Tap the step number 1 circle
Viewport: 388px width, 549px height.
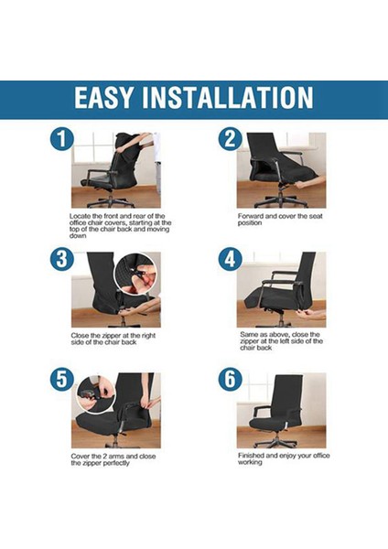[x=61, y=140]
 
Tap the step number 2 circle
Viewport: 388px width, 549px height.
[x=228, y=140]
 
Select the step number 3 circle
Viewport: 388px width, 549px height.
[x=61, y=259]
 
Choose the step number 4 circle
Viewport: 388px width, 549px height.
[x=228, y=259]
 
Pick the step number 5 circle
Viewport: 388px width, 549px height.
[x=61, y=378]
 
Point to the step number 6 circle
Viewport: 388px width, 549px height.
[x=228, y=378]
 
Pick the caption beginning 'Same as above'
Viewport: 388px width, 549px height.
[x=279, y=341]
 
